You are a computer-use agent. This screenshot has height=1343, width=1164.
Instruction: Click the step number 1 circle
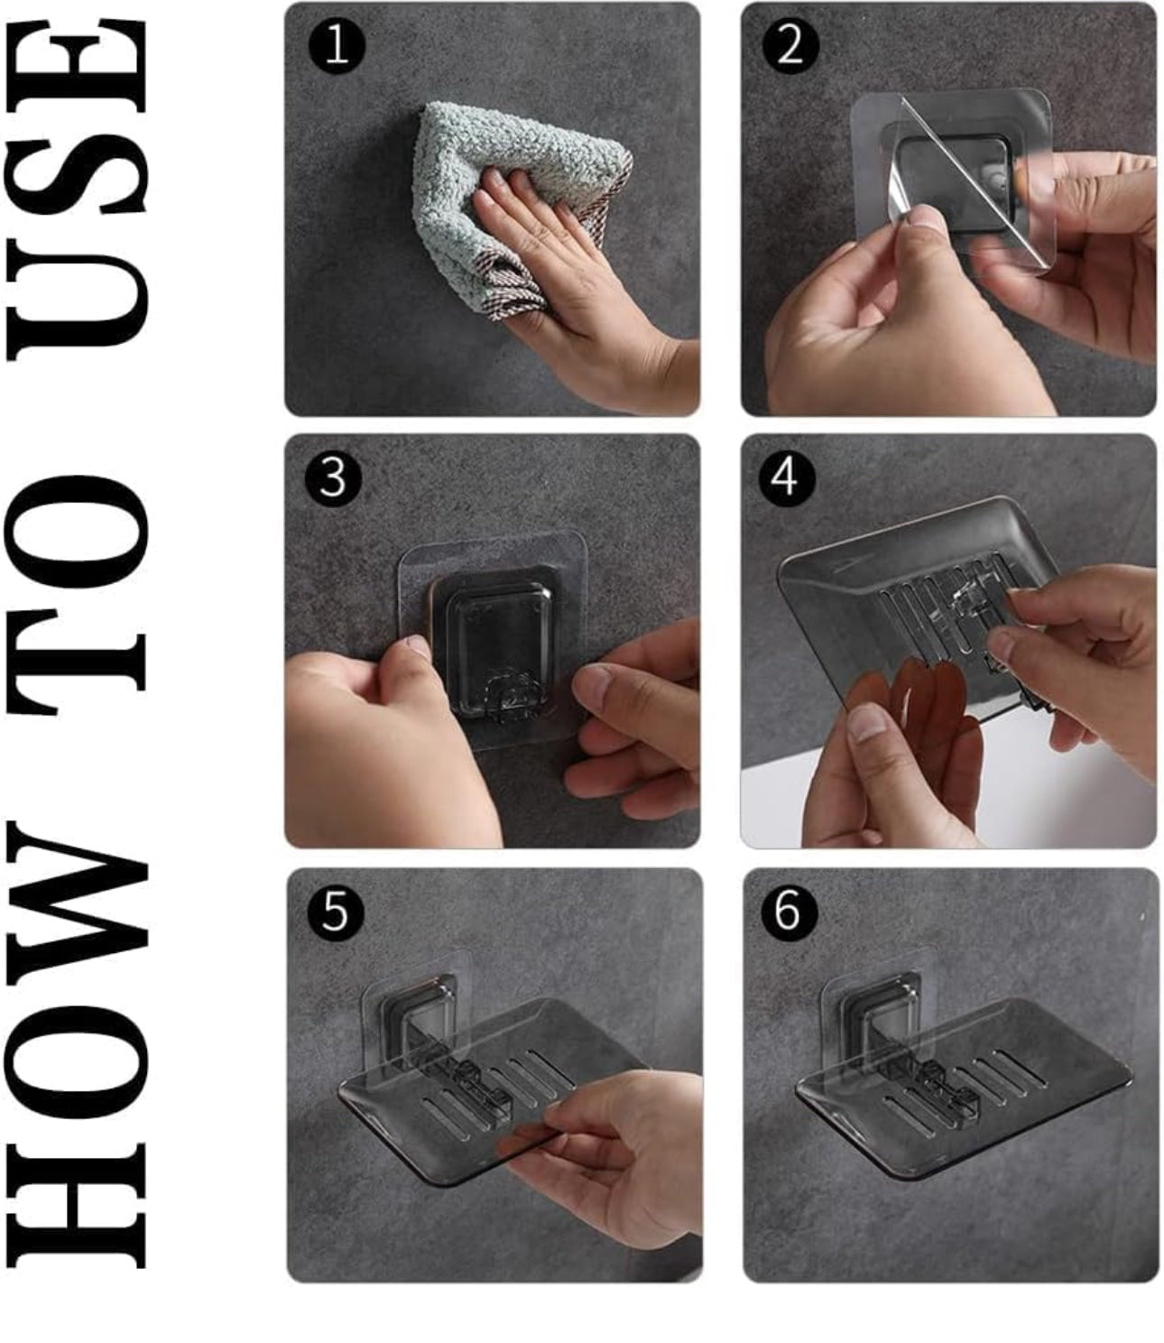tap(336, 45)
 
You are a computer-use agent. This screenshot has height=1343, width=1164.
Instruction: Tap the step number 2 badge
tap(790, 45)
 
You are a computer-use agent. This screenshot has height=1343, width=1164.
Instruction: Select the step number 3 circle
tap(333, 477)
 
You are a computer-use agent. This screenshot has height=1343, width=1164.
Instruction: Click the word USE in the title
tap(77, 190)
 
